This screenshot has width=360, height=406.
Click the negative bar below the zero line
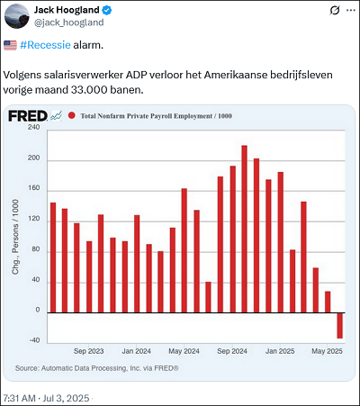pyautogui.click(x=339, y=326)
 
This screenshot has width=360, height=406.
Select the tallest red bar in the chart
pyautogui.click(x=244, y=229)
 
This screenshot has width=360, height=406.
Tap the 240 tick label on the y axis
pyautogui.click(x=33, y=127)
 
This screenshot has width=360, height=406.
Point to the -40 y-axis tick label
pyautogui.click(x=34, y=340)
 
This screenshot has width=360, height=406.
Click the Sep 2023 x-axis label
pyautogui.click(x=88, y=351)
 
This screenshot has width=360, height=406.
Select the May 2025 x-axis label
pyautogui.click(x=327, y=351)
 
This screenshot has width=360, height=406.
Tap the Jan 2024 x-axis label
pyautogui.click(x=136, y=351)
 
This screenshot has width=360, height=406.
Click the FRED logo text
pyautogui.click(x=28, y=116)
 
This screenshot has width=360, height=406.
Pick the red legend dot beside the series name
pyautogui.click(x=72, y=115)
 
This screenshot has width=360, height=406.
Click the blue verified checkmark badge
pyautogui.click(x=107, y=10)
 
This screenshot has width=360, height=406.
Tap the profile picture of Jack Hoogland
pyautogui.click(x=17, y=16)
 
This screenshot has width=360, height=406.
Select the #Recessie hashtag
pyautogui.click(x=45, y=45)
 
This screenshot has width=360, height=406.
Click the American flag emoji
pyautogui.click(x=10, y=45)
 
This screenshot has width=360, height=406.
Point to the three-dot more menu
pyautogui.click(x=350, y=10)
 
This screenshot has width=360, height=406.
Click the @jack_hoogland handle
pyautogui.click(x=69, y=23)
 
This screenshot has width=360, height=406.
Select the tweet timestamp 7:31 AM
pyautogui.click(x=20, y=398)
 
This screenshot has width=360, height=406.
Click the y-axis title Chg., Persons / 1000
pyautogui.click(x=15, y=237)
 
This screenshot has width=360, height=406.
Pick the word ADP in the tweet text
pyautogui.click(x=136, y=75)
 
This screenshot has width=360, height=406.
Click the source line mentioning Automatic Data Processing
pyautogui.click(x=97, y=368)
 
